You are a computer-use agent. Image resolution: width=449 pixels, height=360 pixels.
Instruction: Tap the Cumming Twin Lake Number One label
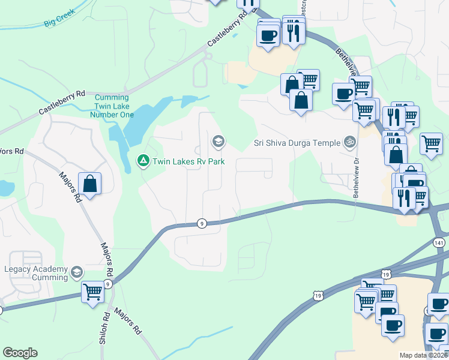112,106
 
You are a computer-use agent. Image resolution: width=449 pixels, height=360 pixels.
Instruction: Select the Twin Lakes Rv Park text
188,161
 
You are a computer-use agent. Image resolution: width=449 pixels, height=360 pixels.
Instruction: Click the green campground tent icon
143,161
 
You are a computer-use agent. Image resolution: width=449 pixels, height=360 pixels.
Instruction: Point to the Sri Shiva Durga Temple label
297,143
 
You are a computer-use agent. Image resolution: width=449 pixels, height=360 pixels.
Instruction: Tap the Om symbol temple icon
349,142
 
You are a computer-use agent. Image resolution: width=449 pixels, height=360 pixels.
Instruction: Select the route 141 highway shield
439,241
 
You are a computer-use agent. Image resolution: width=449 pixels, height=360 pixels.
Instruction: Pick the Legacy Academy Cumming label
37,274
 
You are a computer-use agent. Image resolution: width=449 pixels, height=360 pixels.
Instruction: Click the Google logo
20,353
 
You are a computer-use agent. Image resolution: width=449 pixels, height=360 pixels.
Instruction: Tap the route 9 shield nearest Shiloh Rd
108,284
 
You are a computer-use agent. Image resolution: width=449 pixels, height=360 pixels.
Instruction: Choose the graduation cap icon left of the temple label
218,142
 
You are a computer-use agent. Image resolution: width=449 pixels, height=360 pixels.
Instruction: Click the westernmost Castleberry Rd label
63,103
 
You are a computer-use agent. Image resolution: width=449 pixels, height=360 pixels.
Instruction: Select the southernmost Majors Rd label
127,322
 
